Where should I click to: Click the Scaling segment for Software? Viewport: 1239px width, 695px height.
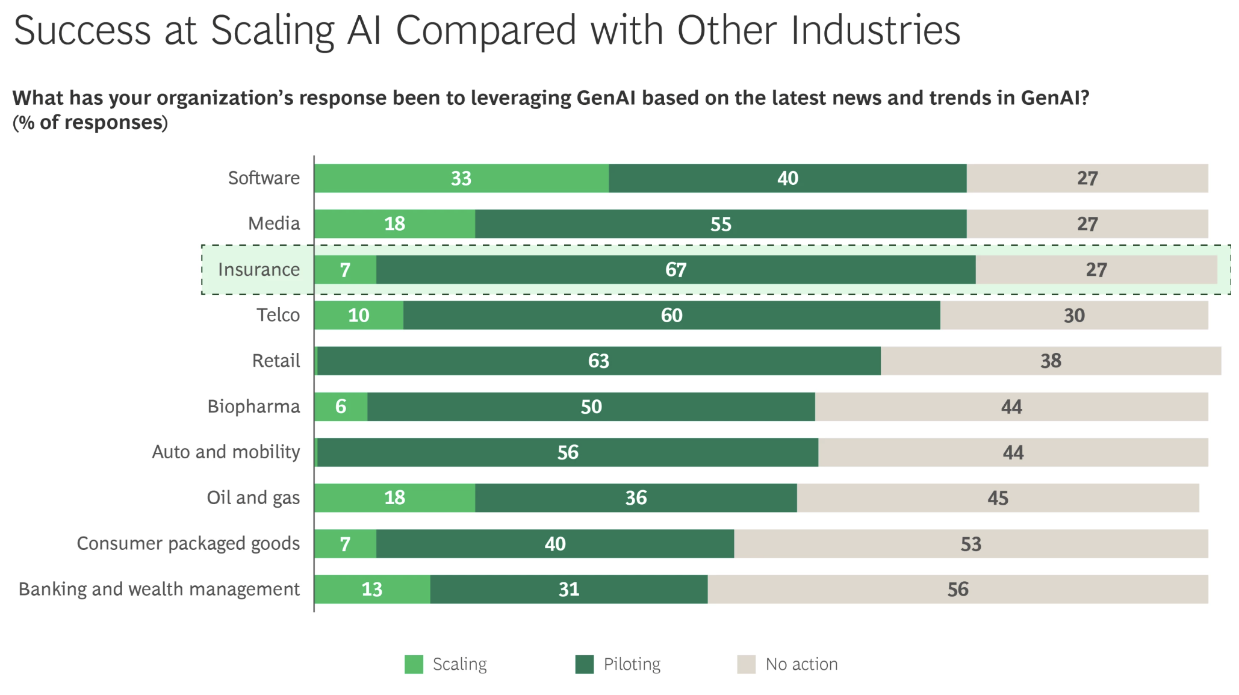click(461, 178)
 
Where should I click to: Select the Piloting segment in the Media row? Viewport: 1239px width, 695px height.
click(721, 224)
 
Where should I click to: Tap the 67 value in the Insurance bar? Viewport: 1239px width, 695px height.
click(675, 270)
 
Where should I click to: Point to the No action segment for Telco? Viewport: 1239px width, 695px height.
click(1074, 316)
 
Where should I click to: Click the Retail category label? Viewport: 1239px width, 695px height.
click(276, 361)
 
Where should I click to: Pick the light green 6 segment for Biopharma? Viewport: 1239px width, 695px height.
click(341, 407)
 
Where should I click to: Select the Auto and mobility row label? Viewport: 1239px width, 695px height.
click(226, 452)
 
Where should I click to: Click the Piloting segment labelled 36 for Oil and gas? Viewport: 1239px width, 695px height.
click(636, 498)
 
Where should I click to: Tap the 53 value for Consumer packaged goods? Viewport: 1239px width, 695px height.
click(970, 544)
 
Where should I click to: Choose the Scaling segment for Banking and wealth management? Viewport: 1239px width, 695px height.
click(372, 589)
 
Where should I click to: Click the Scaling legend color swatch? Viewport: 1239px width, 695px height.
click(414, 664)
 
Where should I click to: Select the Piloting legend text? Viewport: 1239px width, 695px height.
click(632, 664)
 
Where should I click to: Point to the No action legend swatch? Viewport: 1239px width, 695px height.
click(746, 664)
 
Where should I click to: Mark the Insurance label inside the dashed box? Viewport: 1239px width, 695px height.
click(258, 270)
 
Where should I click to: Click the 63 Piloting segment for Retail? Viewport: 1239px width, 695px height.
click(598, 361)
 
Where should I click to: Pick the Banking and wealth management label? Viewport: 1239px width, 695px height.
click(159, 589)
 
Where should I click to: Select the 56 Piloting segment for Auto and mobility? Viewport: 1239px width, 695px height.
click(567, 452)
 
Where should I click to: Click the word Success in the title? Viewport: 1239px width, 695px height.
click(82, 30)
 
